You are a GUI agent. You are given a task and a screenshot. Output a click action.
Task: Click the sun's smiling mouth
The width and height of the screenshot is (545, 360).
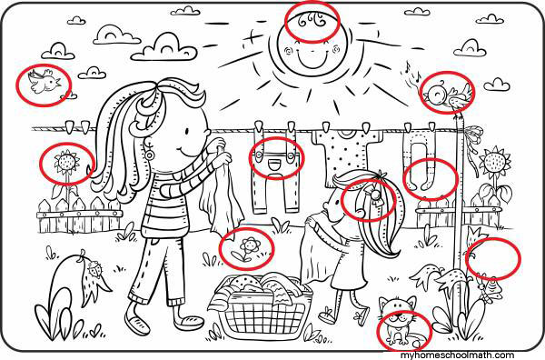312,60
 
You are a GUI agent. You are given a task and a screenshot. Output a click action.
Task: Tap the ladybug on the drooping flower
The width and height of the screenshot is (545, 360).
94,269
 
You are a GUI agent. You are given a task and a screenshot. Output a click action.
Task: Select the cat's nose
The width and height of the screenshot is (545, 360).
398,317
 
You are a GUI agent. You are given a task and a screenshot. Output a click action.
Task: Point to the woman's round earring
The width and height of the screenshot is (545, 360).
150,155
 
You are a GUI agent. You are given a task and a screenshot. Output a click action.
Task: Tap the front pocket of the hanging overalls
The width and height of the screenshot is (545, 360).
275,163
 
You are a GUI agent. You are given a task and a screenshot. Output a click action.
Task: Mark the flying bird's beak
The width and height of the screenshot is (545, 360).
59,84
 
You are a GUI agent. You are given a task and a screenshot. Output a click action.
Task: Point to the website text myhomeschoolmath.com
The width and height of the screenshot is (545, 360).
457,355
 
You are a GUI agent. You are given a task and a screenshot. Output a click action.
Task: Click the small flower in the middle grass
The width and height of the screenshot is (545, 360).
250,245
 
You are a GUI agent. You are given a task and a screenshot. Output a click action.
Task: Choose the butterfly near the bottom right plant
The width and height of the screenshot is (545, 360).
491,289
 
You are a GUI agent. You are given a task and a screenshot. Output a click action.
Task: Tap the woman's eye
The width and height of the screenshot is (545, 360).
187,132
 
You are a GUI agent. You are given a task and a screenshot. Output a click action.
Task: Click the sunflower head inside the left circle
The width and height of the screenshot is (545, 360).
66,162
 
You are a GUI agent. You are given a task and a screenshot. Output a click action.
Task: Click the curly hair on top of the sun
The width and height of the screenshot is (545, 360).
312,20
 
